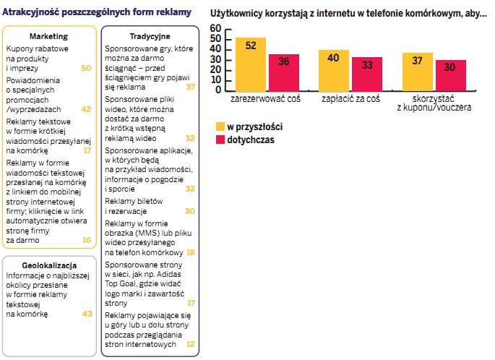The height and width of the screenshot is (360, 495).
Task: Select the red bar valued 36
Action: [x=284, y=72]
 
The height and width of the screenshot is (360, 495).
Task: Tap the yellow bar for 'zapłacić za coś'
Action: [x=334, y=69]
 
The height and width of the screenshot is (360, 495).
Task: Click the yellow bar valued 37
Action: [x=418, y=71]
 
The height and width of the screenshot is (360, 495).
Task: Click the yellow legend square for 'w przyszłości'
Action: [x=220, y=127]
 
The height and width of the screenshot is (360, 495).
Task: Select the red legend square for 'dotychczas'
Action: [x=220, y=140]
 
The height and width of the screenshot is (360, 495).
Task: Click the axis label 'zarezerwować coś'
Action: [x=267, y=98]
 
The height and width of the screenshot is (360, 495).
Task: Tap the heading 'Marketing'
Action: [x=48, y=35]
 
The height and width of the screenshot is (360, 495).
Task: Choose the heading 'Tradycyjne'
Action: [x=150, y=35]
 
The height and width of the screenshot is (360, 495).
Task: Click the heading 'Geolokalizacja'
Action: [x=48, y=265]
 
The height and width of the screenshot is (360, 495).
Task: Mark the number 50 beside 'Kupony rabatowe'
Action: [x=86, y=67]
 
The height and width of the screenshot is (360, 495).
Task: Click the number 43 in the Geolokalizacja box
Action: [x=87, y=314]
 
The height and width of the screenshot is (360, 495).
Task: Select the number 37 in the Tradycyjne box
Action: [x=190, y=87]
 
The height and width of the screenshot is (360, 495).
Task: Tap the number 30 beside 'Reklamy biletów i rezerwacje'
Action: [x=190, y=211]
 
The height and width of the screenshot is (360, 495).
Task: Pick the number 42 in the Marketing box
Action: [x=86, y=109]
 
